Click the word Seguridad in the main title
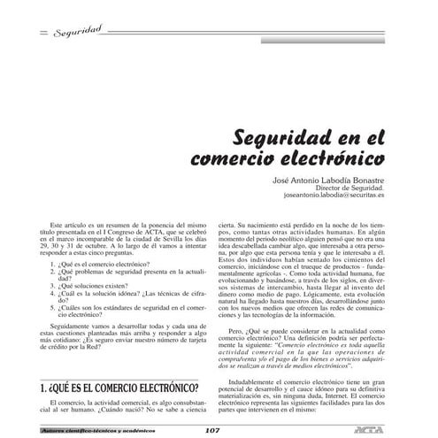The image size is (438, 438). [278, 139]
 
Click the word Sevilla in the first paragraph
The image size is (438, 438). [170, 235]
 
